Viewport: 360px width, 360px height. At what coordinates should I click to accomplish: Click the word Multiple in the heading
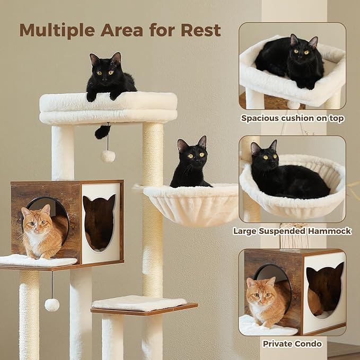[55, 30]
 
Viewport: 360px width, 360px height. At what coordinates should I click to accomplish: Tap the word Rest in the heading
[200, 30]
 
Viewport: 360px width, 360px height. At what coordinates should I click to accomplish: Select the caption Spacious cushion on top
[292, 118]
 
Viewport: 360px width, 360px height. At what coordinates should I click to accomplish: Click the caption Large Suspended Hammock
[292, 231]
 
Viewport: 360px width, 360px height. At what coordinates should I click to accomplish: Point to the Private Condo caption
[292, 344]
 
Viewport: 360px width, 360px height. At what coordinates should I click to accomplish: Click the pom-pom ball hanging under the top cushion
[108, 155]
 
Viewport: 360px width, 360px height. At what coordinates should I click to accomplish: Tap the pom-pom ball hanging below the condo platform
[52, 304]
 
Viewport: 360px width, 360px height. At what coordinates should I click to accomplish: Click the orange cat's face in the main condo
[36, 223]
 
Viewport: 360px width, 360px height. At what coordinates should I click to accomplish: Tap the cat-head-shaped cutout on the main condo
[99, 221]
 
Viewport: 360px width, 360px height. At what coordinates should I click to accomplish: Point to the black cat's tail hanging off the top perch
[102, 132]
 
